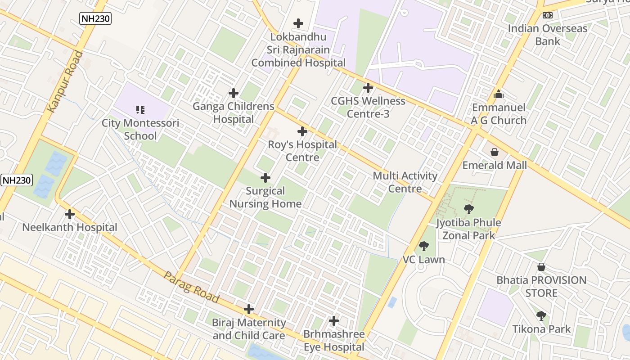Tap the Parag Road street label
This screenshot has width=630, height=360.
pyautogui.click(x=191, y=287)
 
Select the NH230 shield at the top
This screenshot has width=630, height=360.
pyautogui.click(x=95, y=18)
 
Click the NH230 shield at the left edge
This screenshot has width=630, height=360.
pyautogui.click(x=17, y=180)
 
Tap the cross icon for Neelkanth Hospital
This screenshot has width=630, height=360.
pyautogui.click(x=70, y=214)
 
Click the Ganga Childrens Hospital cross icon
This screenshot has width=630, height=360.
pyautogui.click(x=233, y=93)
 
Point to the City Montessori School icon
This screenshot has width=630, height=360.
pyautogui.click(x=140, y=109)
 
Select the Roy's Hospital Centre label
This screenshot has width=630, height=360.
pyautogui.click(x=302, y=151)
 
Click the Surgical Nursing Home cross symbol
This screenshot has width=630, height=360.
pyautogui.click(x=265, y=178)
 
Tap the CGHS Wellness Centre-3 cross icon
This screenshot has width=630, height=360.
pyautogui.click(x=368, y=88)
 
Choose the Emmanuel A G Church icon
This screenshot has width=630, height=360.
pyautogui.click(x=498, y=94)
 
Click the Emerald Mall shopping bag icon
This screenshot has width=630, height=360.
pyautogui.click(x=495, y=152)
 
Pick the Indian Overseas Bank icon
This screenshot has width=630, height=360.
pyautogui.click(x=548, y=15)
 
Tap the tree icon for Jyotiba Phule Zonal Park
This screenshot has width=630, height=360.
pyautogui.click(x=468, y=209)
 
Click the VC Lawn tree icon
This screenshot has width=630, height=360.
pyautogui.click(x=423, y=246)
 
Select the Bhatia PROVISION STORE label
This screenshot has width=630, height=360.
pyautogui.click(x=541, y=287)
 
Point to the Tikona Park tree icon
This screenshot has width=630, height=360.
pyautogui.click(x=541, y=316)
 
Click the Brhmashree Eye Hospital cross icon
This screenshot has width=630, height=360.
pyautogui.click(x=333, y=321)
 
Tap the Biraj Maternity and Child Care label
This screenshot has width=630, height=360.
pyautogui.click(x=249, y=329)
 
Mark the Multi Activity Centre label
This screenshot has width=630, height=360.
pyautogui.click(x=405, y=182)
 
